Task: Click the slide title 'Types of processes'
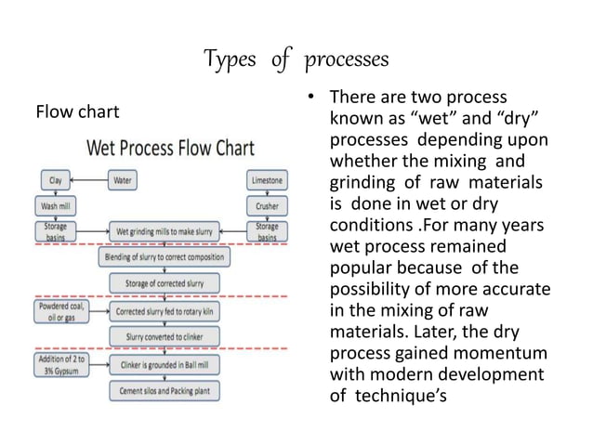[x=296, y=61]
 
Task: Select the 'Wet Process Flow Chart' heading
[x=172, y=150]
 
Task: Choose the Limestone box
[x=268, y=179]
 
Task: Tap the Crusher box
[x=268, y=204]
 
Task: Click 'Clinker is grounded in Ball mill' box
[x=173, y=365]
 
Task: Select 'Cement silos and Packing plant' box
[x=173, y=390]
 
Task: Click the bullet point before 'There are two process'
[x=309, y=98]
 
